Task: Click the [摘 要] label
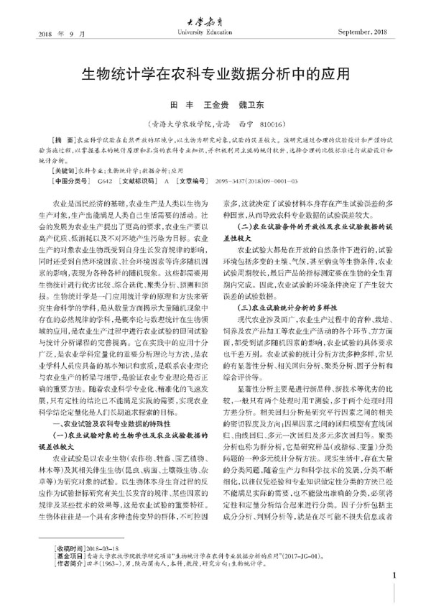59,138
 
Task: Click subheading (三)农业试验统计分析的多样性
293,267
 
